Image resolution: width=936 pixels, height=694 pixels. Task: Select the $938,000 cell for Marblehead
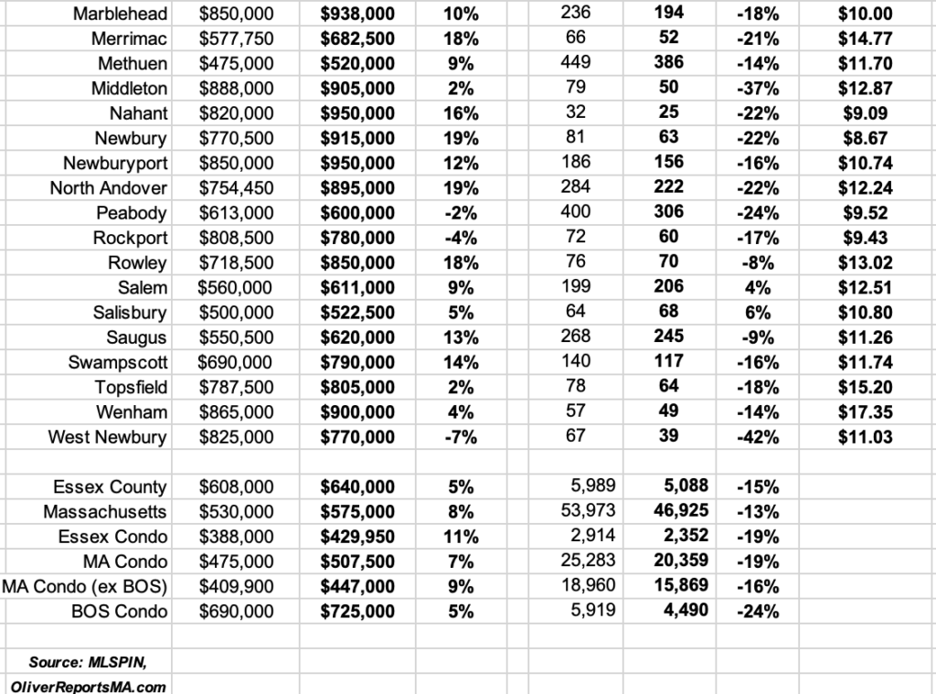(357, 14)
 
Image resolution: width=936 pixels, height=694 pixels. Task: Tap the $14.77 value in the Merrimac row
(865, 38)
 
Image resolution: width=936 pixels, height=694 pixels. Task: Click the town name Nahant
(131, 113)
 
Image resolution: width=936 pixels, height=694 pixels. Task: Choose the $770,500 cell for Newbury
(235, 138)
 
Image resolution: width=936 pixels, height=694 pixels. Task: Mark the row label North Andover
(109, 188)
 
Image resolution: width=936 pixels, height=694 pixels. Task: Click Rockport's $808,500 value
(235, 238)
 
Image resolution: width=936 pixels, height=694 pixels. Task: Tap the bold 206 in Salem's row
(669, 288)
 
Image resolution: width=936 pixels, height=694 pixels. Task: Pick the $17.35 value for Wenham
(865, 412)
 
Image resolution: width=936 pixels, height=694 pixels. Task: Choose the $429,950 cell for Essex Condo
(357, 537)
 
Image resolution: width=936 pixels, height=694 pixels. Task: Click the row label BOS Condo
(119, 611)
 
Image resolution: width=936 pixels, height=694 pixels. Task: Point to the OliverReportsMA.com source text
(89, 685)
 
